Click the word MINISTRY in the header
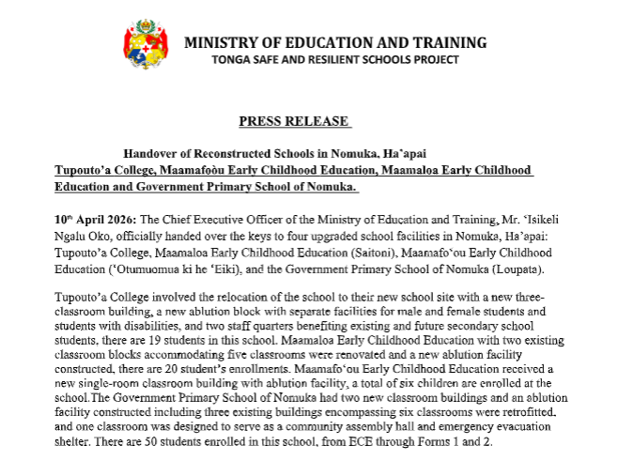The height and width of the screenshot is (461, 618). coord(224,43)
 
